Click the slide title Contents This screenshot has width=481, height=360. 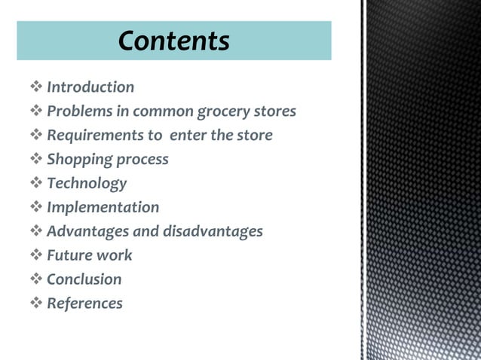click(173, 40)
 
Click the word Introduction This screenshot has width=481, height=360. click(90, 87)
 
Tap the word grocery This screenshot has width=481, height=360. click(222, 111)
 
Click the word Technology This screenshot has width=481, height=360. click(87, 183)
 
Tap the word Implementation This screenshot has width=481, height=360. click(103, 207)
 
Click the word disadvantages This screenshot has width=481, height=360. click(213, 231)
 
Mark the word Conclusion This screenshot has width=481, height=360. click(84, 279)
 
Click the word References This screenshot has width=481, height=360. click(84, 304)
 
